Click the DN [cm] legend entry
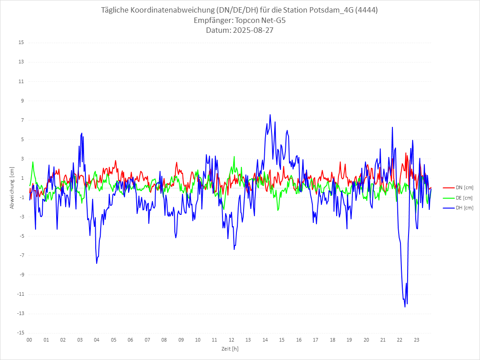tap(458, 187)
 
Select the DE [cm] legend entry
tap(458, 198)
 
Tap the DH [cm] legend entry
tap(458, 208)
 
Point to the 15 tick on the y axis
tap(21, 43)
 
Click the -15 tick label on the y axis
tap(20, 333)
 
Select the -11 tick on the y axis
tap(20, 294)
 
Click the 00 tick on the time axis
tap(29, 340)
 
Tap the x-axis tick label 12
tap(231, 340)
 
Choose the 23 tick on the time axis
tap(417, 340)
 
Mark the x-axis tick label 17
tap(316, 340)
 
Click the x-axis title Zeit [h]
tap(230, 348)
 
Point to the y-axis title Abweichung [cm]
tap(12, 188)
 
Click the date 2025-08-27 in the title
tap(252, 31)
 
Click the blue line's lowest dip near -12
tap(405, 307)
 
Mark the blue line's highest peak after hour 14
tap(270, 115)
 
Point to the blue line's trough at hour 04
tap(97, 263)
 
